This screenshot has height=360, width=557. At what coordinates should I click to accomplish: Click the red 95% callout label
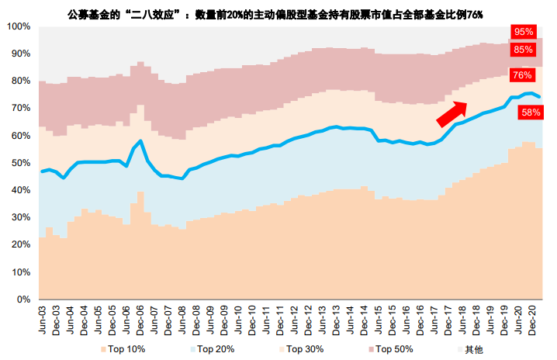tap(524, 32)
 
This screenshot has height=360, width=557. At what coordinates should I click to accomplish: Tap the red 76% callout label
tap(521, 76)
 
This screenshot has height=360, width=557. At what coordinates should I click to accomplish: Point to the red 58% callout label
tap(531, 112)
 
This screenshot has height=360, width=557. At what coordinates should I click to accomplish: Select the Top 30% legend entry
tap(302, 350)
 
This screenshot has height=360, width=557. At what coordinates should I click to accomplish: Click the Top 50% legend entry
tap(389, 350)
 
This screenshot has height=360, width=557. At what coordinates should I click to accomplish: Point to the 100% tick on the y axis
tap(18, 26)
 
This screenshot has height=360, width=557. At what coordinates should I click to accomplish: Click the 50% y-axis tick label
tap(20, 163)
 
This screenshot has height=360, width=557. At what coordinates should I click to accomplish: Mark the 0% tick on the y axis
tap(23, 299)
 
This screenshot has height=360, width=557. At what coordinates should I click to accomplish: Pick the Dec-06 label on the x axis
tap(140, 319)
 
